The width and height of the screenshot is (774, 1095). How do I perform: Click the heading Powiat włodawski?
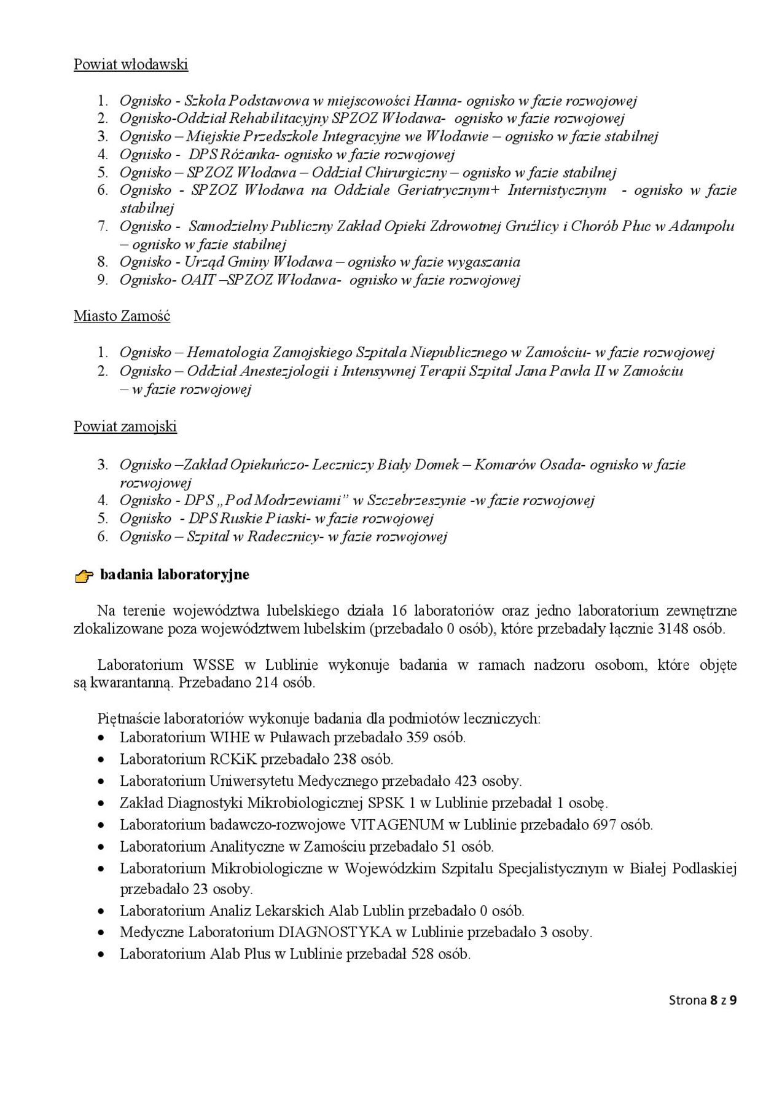tap(131, 64)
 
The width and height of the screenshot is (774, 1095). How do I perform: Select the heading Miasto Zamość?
tap(122, 316)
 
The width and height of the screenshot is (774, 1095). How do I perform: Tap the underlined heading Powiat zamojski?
tap(125, 426)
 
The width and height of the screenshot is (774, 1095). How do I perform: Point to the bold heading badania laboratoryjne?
tap(174, 575)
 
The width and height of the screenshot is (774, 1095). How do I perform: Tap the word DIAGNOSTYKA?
tap(335, 932)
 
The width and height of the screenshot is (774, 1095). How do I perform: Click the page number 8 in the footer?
tap(714, 1000)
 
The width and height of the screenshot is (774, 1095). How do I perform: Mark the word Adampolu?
tap(701, 226)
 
